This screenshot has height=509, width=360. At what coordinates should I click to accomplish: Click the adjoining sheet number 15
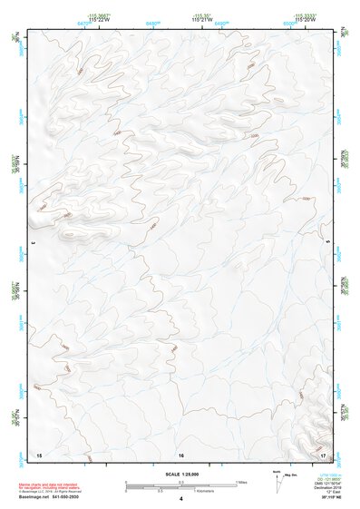click(38, 453)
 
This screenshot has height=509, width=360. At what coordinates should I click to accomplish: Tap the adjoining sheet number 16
click(181, 453)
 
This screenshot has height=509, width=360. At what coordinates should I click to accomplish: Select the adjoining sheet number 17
click(324, 453)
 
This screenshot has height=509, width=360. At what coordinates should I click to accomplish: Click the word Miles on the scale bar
click(241, 482)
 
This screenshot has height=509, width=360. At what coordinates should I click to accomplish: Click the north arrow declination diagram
click(277, 479)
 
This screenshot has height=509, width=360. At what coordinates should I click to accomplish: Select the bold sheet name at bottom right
click(327, 498)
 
